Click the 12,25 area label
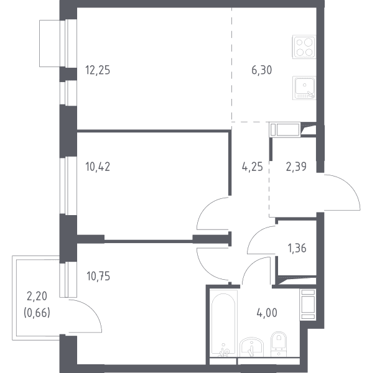coord(98,70)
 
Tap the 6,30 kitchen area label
coord(261,70)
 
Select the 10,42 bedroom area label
coord(98,167)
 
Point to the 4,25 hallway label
coord(253,167)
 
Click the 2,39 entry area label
coord(296,167)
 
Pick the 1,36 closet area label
coord(297,248)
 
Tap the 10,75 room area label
coord(98,277)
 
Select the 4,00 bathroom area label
coord(267,313)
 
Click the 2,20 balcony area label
coord(37,297)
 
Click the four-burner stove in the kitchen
coord(304,47)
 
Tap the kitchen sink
coord(304,88)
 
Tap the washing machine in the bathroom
coord(308,305)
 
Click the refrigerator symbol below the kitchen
coord(285,130)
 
